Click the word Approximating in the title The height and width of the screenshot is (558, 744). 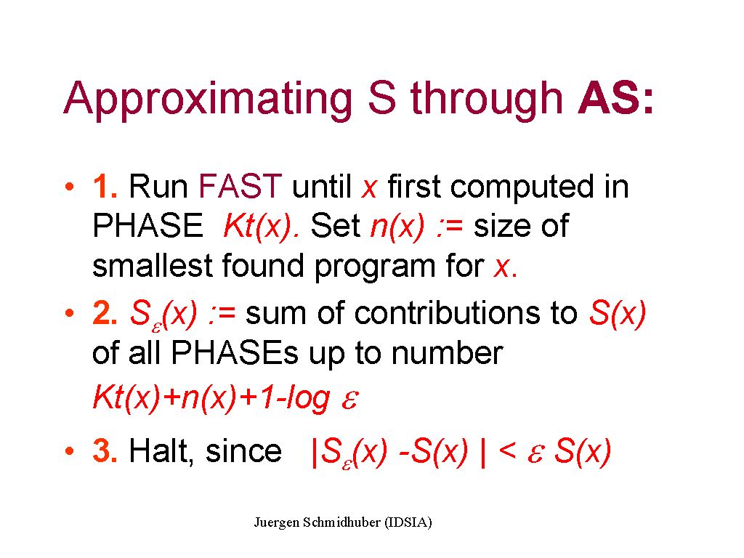(208, 100)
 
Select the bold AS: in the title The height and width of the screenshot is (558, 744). (615, 98)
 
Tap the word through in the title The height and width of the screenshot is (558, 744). (486, 100)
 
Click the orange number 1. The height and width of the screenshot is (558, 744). (105, 186)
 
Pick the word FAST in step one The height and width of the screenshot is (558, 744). (240, 186)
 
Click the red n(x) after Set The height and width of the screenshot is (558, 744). (397, 227)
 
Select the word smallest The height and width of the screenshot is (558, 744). (153, 265)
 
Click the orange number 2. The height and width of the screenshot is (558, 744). (105, 314)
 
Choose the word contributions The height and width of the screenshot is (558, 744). (447, 313)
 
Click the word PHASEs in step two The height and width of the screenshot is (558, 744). (235, 353)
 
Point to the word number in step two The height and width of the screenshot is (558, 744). (447, 353)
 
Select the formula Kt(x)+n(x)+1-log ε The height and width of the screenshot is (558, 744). (226, 397)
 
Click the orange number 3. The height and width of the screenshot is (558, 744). (105, 450)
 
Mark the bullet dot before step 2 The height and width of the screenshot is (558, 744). (70, 313)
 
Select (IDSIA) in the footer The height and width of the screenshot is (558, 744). (408, 522)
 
